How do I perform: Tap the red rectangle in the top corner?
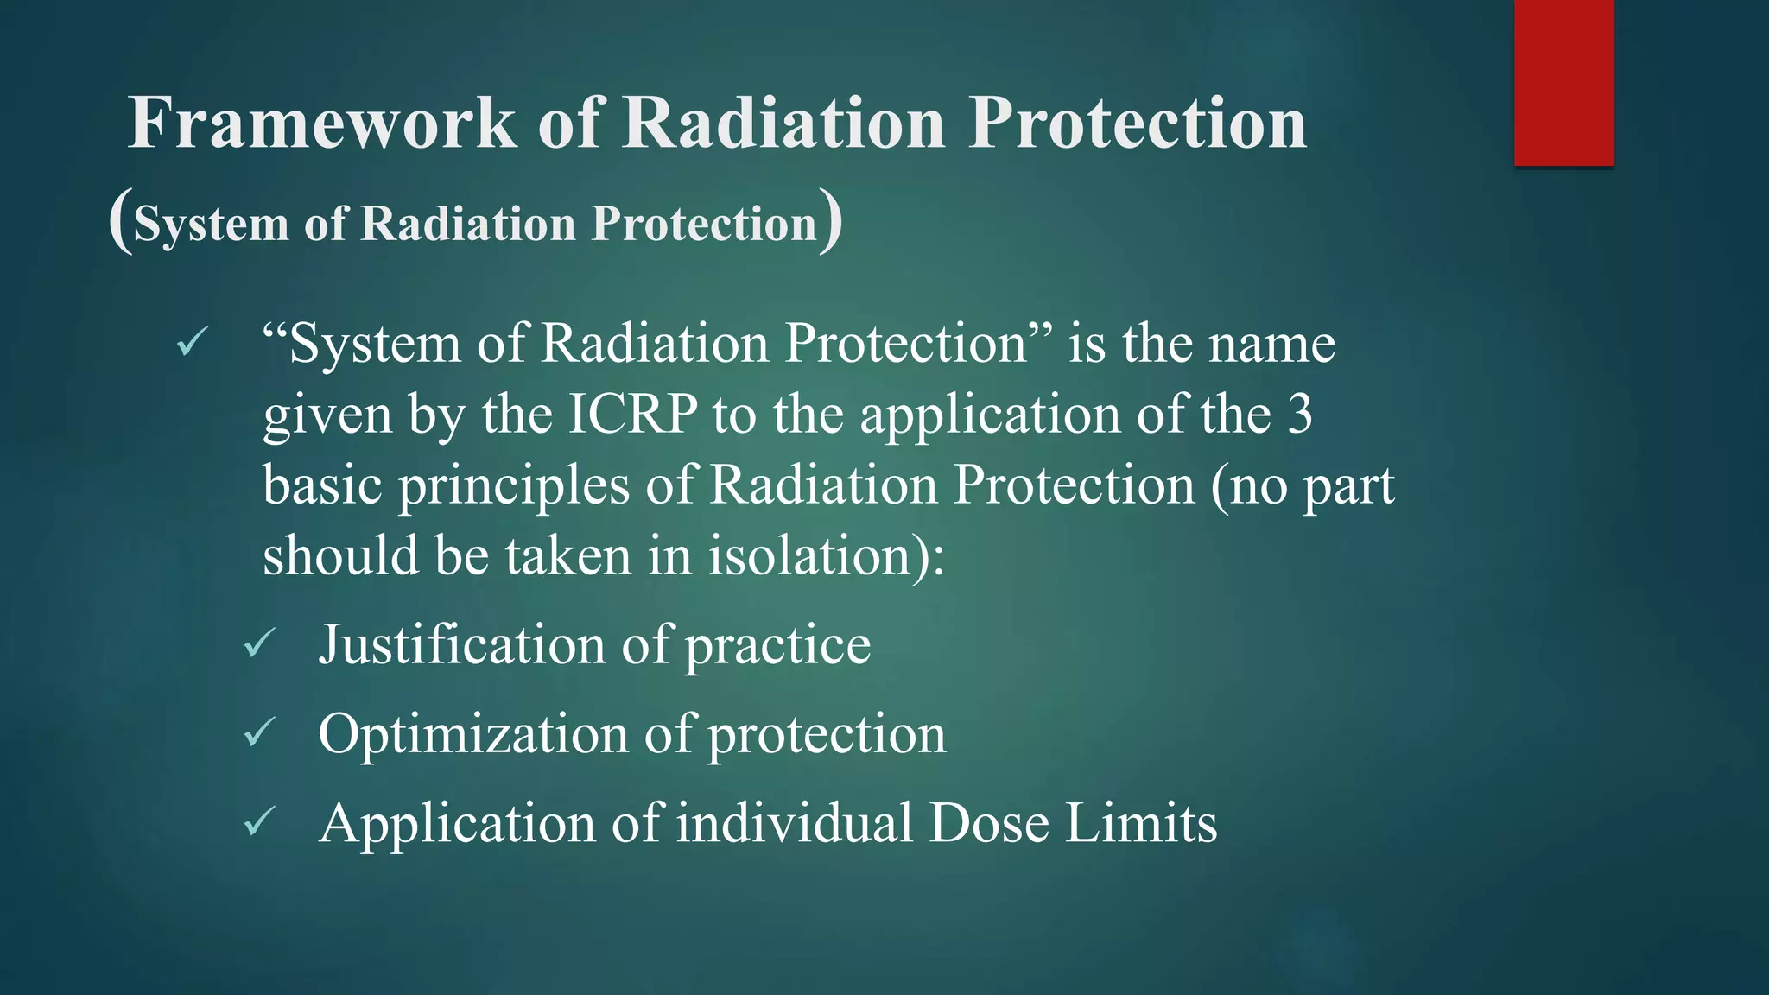(1563, 82)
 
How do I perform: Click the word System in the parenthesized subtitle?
(211, 224)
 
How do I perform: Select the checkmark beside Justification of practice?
(259, 644)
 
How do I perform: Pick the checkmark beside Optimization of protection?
(259, 733)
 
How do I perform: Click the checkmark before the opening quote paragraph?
(191, 343)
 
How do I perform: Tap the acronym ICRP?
(632, 415)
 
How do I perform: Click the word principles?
(513, 486)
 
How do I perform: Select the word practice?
(777, 647)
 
